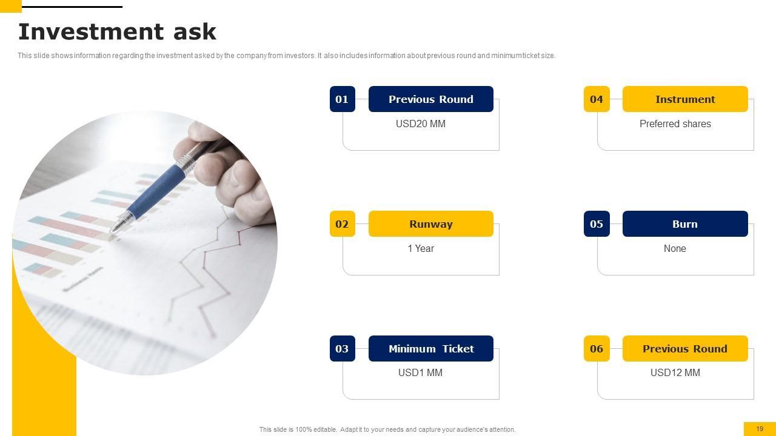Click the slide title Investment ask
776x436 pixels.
coord(117,32)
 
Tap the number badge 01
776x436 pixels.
coord(343,99)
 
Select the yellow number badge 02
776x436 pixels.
coord(343,223)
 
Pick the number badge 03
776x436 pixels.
coord(343,348)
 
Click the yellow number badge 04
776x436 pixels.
coord(597,99)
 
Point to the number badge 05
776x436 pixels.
coord(597,223)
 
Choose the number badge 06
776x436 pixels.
coord(597,348)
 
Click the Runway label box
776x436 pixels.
coord(431,223)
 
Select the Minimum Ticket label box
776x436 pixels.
coord(431,348)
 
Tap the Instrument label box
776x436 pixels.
coord(685,99)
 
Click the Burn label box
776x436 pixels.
coord(685,223)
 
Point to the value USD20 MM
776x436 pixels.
coord(421,124)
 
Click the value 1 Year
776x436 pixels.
coord(421,248)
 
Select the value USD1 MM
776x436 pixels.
coord(420,372)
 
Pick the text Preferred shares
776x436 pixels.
coord(675,124)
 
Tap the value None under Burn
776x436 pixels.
coord(675,248)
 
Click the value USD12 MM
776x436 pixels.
coord(675,372)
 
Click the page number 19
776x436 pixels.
coord(760,429)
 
